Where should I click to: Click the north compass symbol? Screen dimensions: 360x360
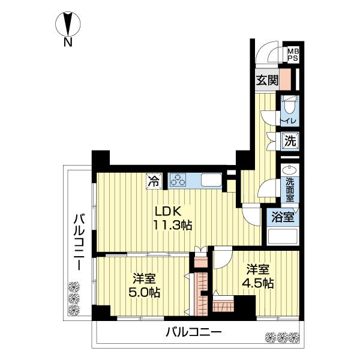68,25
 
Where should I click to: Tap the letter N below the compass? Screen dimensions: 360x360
68,43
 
